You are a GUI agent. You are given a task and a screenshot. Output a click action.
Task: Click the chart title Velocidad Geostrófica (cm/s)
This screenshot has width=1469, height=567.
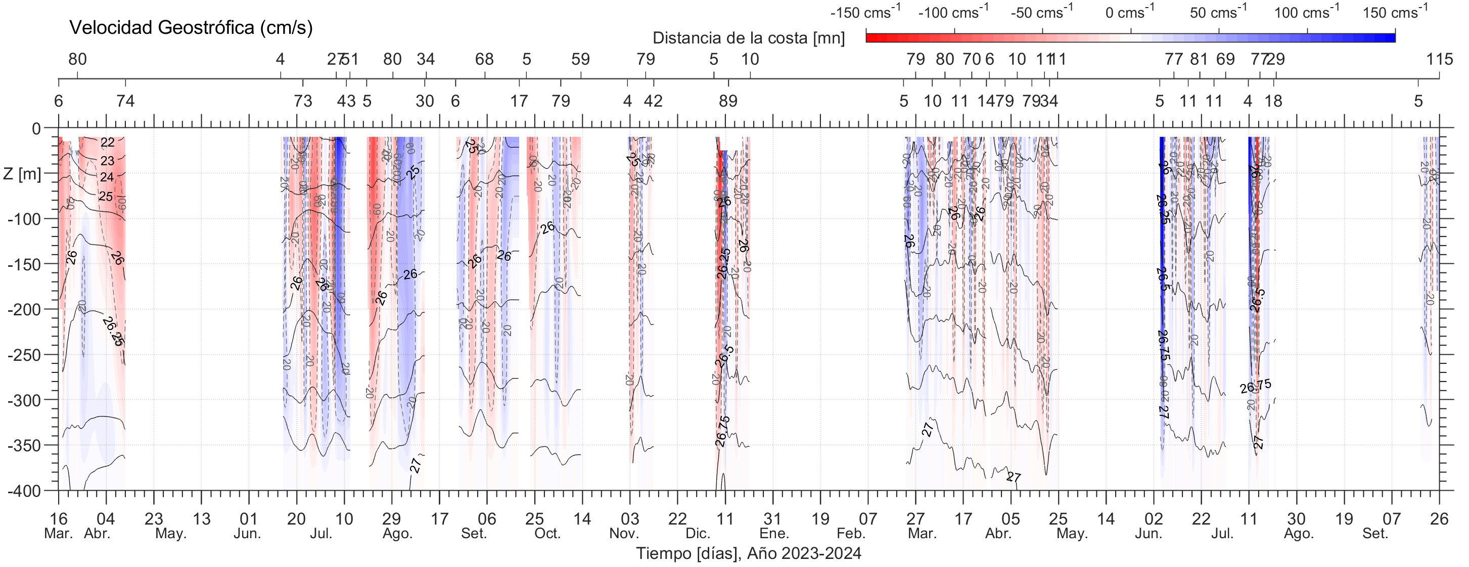tap(191, 27)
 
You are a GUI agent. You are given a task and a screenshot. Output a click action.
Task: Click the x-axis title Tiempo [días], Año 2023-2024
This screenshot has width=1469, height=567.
tap(748, 553)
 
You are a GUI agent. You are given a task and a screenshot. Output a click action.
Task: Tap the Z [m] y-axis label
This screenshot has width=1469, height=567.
tap(22, 173)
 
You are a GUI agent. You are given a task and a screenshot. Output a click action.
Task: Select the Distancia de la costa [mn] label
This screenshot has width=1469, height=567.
tap(748, 38)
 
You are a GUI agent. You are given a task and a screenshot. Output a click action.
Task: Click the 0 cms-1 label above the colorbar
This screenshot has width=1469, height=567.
tap(1130, 12)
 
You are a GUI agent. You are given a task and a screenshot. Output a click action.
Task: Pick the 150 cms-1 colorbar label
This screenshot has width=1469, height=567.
tap(1394, 12)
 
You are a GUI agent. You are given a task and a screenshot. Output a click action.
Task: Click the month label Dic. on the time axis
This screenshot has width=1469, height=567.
tap(698, 534)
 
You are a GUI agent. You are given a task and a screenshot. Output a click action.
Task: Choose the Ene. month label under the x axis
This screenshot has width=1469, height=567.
tap(774, 534)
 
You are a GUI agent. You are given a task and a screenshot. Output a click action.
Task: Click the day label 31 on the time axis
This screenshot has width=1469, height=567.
tap(773, 519)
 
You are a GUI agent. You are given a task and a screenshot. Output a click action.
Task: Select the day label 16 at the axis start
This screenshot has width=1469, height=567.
tap(59, 519)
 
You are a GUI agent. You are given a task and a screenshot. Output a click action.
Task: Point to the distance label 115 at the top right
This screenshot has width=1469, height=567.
tap(1439, 59)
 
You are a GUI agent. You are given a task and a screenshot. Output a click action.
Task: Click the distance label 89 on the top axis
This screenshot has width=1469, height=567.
tap(727, 102)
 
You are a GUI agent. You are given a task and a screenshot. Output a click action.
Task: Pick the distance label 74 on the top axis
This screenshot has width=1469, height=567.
tap(125, 102)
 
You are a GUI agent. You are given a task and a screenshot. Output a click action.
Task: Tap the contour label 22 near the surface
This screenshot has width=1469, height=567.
tap(107, 143)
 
